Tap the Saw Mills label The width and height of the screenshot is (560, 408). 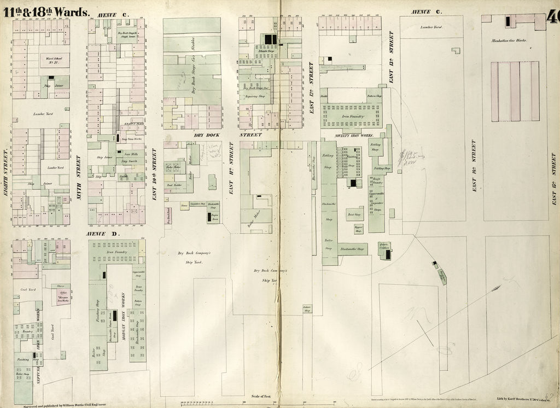129,154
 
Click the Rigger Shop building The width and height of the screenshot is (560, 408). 359,229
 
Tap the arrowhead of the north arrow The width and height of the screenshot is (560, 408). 498,287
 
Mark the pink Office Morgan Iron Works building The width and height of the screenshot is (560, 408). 61,294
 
